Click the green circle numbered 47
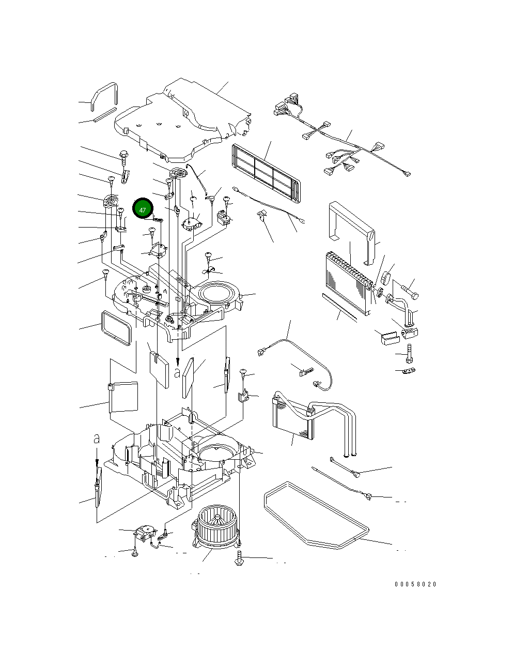143,209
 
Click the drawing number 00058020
415,584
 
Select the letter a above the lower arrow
96,439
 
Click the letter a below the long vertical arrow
177,372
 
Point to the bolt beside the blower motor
239,559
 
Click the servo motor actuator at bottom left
145,531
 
